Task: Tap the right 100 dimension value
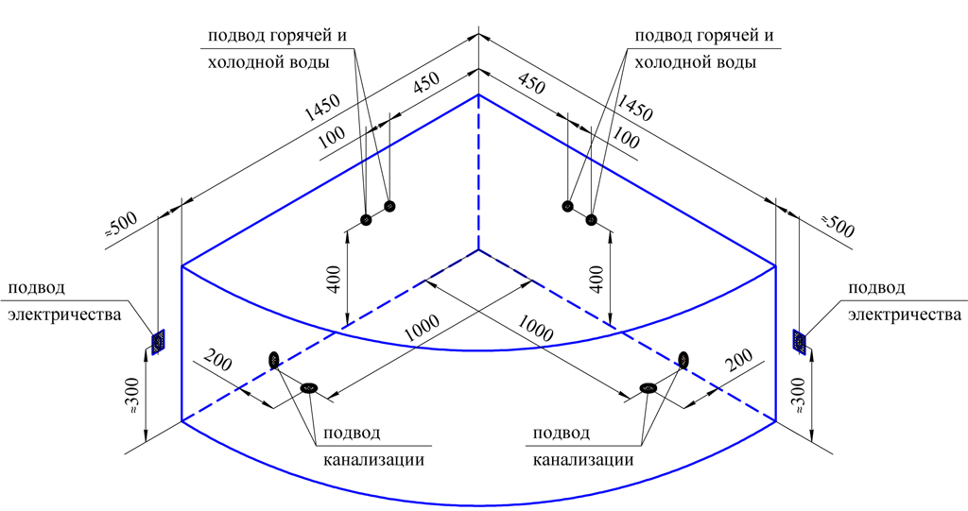tap(626, 137)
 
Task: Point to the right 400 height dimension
tap(596, 279)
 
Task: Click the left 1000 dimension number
tap(420, 326)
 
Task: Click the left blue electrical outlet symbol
tap(158, 340)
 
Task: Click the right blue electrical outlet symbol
tap(801, 342)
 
